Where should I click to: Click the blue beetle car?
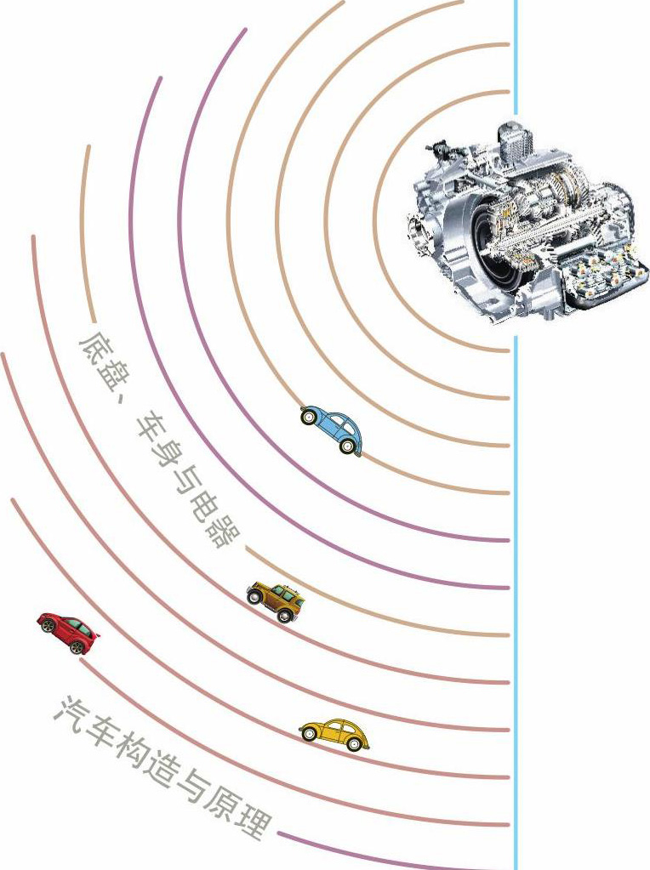point(332,430)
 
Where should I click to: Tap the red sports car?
point(68,633)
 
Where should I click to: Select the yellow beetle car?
point(334,735)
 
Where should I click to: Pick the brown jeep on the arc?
point(276,601)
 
